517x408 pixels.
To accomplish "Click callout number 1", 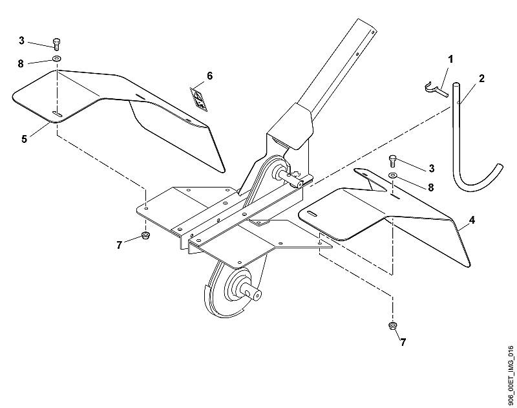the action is [x=450, y=59].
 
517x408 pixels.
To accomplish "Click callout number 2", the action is [x=481, y=78].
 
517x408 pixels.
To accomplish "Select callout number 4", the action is [x=472, y=220].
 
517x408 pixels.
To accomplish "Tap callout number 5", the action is [x=24, y=139].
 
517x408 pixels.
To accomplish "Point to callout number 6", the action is [x=209, y=76].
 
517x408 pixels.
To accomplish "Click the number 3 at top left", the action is [x=21, y=41].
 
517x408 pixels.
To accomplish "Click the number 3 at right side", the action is [x=431, y=169].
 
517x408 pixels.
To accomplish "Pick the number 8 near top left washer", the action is [x=21, y=63].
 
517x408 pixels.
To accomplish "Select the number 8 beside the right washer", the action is [x=430, y=188].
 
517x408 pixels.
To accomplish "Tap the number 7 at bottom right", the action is [x=403, y=342].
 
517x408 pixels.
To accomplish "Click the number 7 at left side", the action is [x=119, y=245].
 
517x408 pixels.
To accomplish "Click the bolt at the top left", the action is [x=57, y=44].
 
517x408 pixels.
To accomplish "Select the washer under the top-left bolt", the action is [x=57, y=59].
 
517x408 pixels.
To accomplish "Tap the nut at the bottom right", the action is [x=392, y=326].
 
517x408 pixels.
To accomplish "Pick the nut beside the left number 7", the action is [x=145, y=235].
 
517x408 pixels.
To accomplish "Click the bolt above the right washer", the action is [x=393, y=161].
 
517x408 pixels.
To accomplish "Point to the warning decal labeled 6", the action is [x=199, y=100].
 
